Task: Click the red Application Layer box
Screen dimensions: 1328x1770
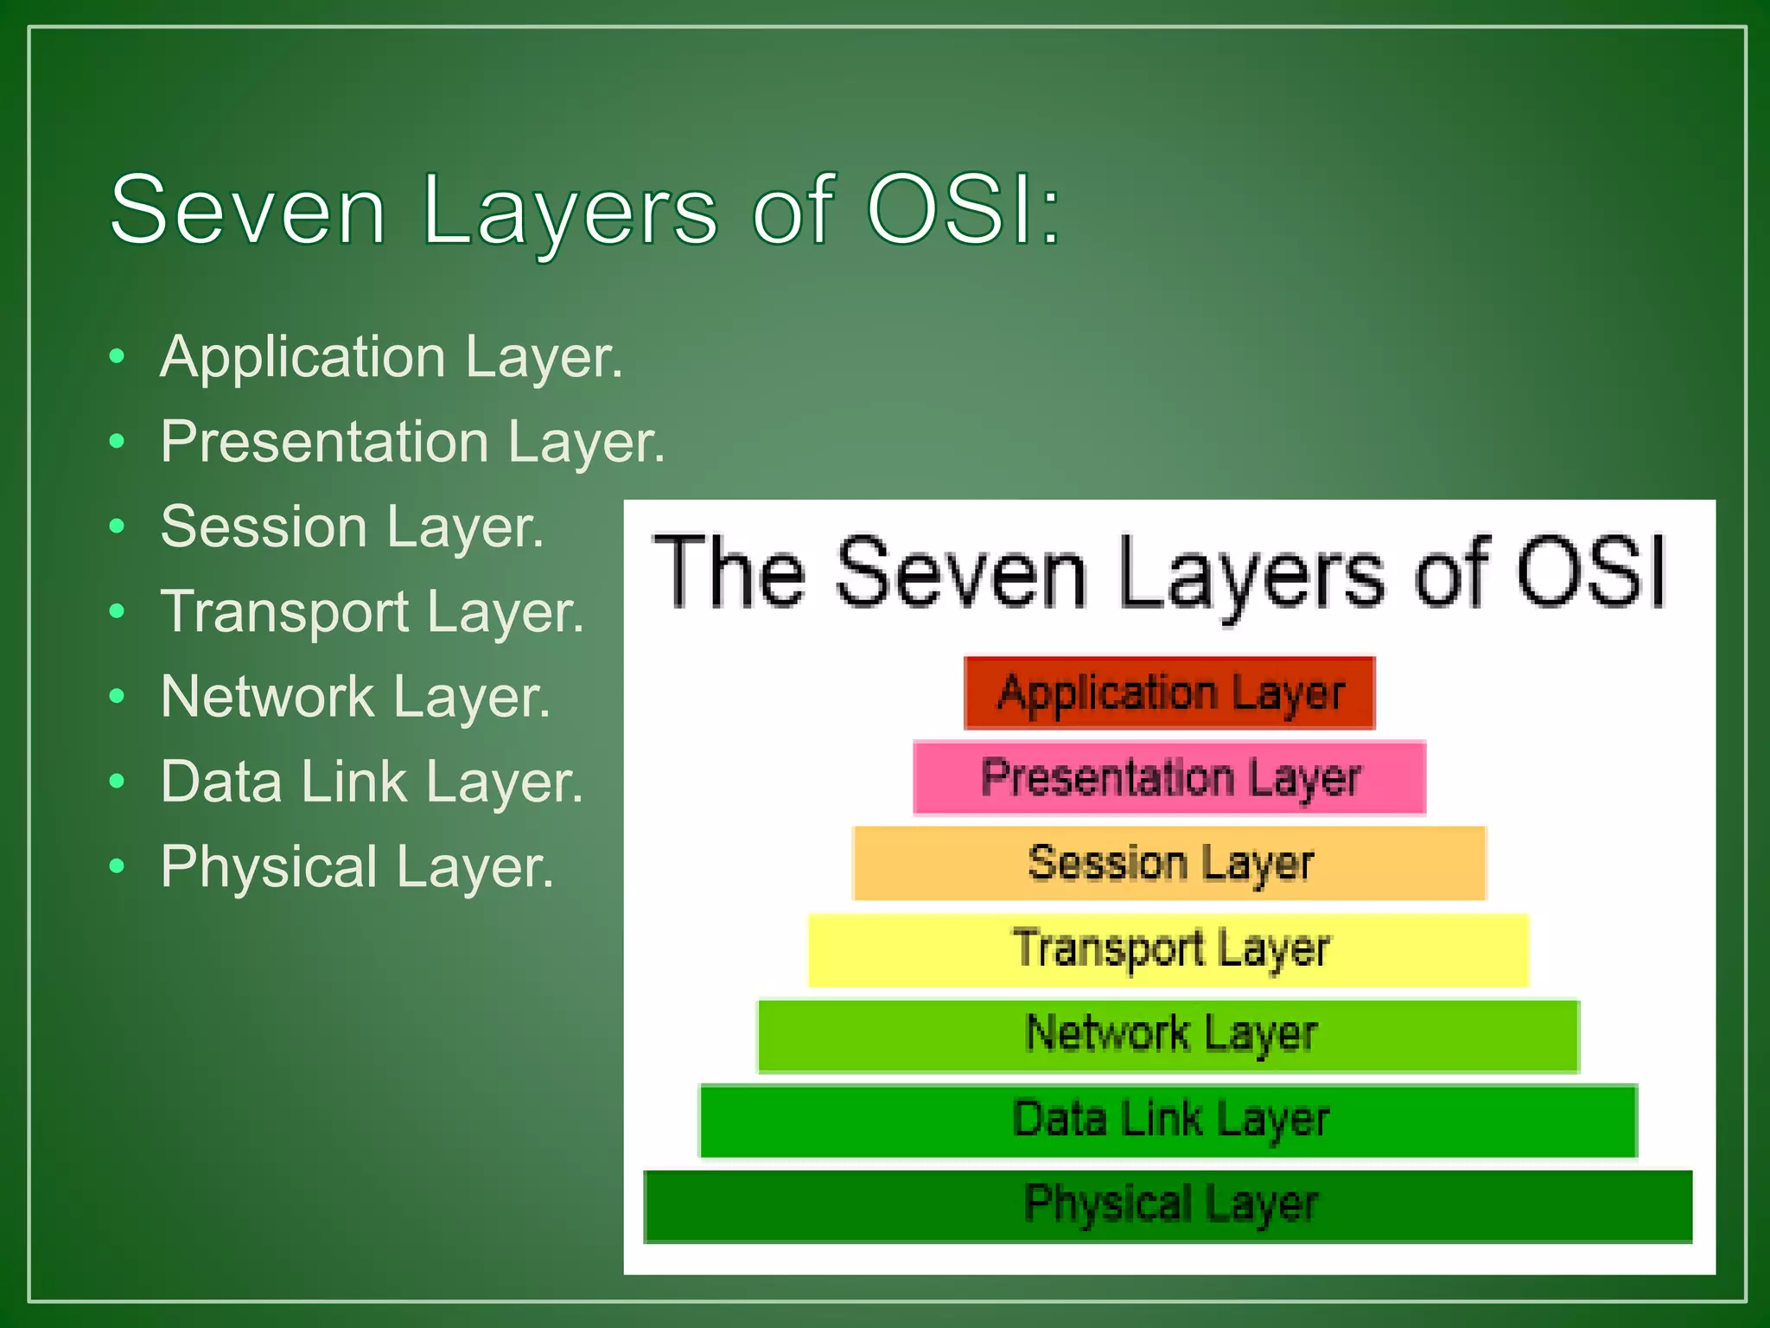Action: click(1169, 693)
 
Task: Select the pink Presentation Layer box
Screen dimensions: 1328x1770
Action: click(1169, 777)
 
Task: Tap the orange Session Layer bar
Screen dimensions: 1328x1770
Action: click(1169, 863)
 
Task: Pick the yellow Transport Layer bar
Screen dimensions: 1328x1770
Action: click(1169, 949)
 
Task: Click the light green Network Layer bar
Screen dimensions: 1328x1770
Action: click(1169, 1035)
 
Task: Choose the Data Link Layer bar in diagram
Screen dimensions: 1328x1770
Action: click(1169, 1120)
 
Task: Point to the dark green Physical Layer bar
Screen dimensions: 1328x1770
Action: click(1169, 1205)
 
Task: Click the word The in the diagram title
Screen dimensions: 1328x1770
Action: click(729, 572)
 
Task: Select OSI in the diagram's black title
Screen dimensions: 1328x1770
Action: click(1590, 572)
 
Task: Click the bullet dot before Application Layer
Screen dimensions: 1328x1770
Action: click(118, 356)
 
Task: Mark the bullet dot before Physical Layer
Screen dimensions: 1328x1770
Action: click(118, 865)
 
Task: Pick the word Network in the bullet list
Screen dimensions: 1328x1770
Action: click(267, 696)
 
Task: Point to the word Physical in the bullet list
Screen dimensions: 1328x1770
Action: click(269, 867)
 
